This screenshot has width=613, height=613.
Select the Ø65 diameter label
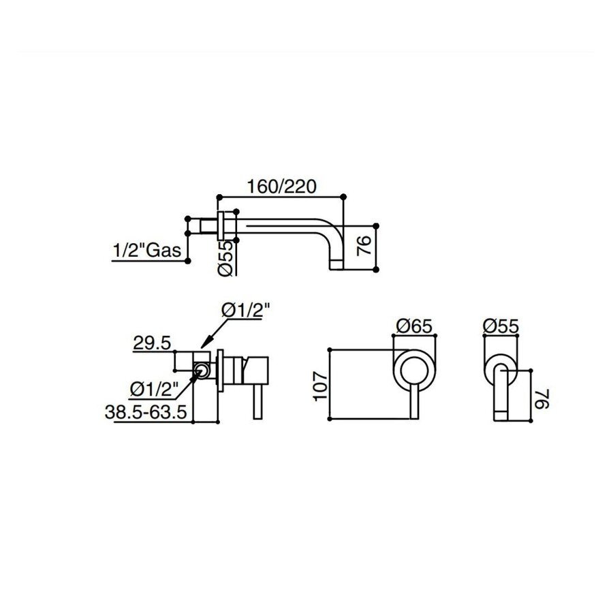(412, 326)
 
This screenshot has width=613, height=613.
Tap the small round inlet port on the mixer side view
(202, 371)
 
